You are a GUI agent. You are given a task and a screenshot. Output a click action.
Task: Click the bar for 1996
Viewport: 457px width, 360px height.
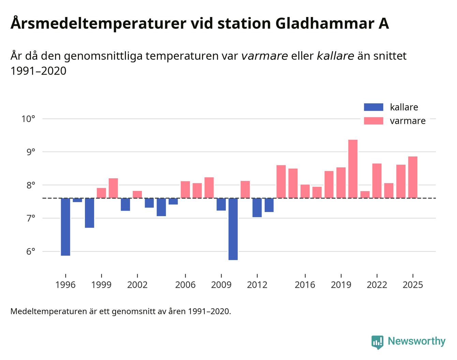point(65,227)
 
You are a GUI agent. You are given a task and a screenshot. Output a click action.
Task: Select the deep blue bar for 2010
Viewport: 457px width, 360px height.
point(233,229)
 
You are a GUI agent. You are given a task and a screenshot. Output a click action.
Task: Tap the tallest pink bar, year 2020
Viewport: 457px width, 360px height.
point(353,169)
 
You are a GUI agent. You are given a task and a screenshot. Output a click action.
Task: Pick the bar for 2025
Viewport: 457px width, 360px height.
point(413,177)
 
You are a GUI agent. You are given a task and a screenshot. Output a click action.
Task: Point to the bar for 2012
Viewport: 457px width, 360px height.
point(257,207)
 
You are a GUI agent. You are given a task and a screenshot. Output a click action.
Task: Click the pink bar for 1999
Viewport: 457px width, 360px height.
point(101,193)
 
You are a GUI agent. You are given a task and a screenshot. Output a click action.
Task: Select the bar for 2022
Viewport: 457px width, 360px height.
point(377,181)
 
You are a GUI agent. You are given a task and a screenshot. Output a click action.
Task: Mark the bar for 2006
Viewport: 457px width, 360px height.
point(185,190)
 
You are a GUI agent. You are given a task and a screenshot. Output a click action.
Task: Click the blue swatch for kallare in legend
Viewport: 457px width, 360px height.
point(373,107)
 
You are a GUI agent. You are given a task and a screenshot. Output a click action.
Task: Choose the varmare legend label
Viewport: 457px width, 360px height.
point(408,121)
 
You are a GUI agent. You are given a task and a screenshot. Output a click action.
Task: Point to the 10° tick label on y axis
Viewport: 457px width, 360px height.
point(28,119)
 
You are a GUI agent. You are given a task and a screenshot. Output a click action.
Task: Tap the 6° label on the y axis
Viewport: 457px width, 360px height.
point(30,252)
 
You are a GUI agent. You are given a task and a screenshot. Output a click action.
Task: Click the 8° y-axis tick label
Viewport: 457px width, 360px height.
point(30,185)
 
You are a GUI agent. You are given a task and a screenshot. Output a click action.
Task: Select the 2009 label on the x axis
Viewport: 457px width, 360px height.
point(221,285)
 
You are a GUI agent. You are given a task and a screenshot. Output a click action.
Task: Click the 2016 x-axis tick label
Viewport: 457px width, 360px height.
point(305,285)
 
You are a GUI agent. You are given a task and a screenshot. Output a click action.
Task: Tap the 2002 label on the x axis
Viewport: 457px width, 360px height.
point(137,285)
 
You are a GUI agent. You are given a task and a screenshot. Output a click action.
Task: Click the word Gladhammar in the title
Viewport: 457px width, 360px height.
point(323,24)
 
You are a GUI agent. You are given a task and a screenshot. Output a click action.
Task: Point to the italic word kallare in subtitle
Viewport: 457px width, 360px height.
point(335,56)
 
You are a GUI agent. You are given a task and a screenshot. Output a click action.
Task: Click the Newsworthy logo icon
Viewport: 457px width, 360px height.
point(377,342)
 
